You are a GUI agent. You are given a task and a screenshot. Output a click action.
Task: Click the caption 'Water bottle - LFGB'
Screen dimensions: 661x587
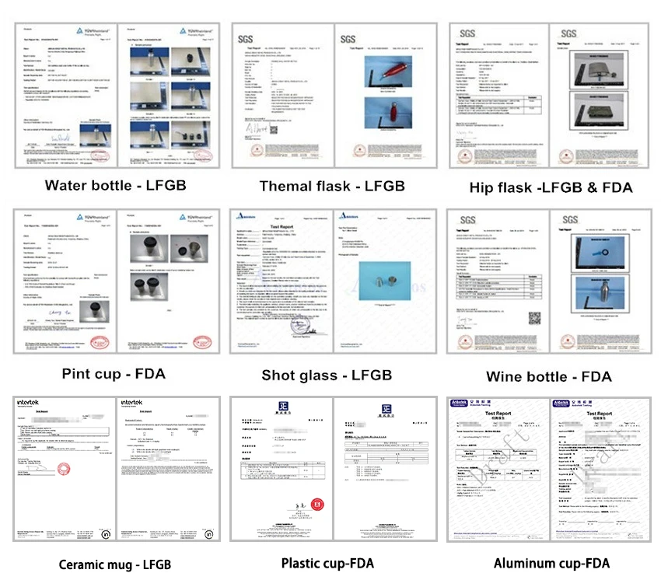(116, 185)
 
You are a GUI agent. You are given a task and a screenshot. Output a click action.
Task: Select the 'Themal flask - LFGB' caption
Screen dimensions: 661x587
(332, 186)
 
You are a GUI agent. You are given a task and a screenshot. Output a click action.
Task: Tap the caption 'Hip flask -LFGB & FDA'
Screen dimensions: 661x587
(551, 187)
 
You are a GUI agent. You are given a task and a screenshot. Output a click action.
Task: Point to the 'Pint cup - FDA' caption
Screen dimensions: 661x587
(116, 374)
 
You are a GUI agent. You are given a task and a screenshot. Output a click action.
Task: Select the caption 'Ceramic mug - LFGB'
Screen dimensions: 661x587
(115, 564)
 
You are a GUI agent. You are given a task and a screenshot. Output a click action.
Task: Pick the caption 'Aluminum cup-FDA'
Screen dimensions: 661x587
(551, 564)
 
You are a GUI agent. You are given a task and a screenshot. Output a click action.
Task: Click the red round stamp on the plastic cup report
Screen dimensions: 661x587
(317, 505)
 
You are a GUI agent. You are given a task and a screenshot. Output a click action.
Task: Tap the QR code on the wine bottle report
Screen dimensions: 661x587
(536, 317)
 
